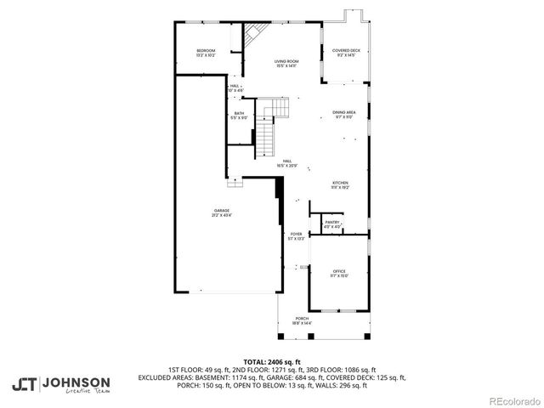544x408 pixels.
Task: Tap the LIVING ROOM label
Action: pyautogui.click(x=285, y=62)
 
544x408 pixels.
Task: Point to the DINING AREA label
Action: pyautogui.click(x=343, y=112)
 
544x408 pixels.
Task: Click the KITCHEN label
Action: pyautogui.click(x=340, y=183)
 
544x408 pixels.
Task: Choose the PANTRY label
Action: pyautogui.click(x=332, y=223)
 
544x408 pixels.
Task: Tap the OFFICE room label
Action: pyautogui.click(x=339, y=271)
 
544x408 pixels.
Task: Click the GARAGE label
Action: pyautogui.click(x=221, y=210)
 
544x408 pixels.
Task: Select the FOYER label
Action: pyautogui.click(x=296, y=234)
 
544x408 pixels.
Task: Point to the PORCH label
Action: pyautogui.click(x=303, y=319)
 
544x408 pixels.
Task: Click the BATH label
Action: pyautogui.click(x=240, y=113)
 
